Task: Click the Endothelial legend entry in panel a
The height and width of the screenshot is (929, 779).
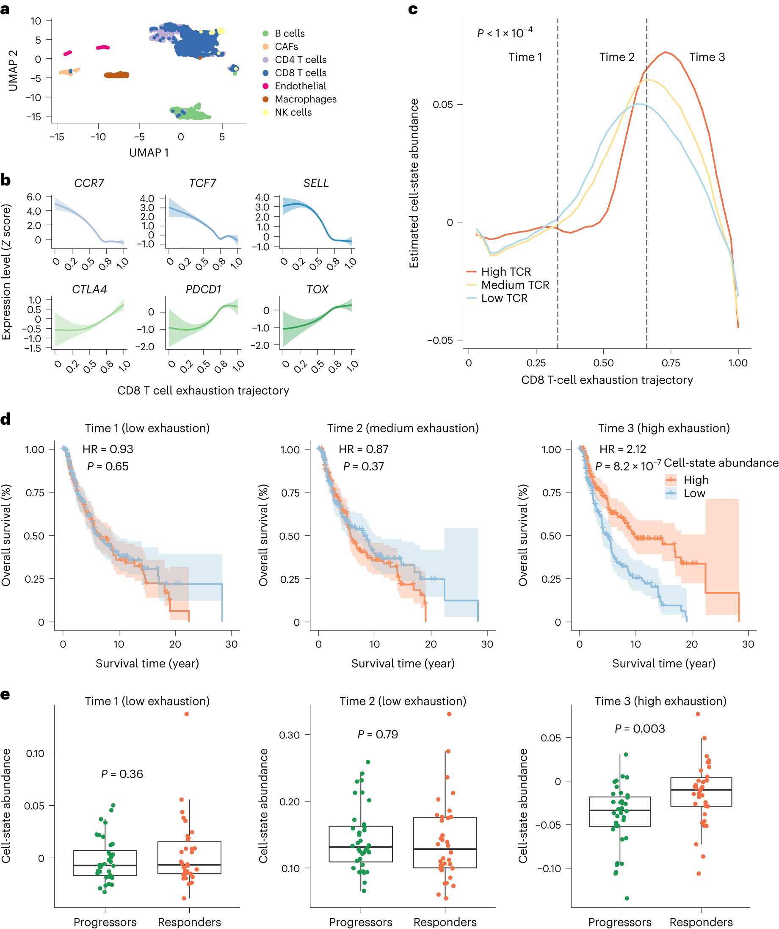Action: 300,86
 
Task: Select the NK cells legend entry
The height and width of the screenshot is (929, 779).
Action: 293,112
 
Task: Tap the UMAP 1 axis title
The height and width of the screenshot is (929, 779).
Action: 149,152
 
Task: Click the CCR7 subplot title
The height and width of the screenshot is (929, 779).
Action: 89,183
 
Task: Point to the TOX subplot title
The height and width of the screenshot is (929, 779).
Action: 317,289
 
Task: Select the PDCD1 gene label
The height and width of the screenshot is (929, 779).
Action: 203,289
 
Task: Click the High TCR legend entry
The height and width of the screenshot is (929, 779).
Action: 505,271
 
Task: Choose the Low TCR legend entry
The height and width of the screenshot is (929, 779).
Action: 504,298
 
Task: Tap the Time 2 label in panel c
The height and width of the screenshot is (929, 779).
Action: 617,57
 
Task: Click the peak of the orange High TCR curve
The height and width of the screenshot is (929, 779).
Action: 665,52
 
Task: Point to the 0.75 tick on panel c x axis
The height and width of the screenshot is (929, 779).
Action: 671,363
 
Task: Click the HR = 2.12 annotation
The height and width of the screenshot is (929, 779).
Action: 622,449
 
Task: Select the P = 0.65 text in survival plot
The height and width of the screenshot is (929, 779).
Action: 108,466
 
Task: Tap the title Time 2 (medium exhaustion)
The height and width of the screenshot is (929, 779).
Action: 403,428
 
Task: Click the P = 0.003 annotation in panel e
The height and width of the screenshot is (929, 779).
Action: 640,729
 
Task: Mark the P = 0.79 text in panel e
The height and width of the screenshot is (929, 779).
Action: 377,734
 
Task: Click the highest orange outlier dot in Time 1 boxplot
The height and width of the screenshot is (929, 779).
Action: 187,714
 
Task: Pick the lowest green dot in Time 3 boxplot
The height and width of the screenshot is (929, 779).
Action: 627,898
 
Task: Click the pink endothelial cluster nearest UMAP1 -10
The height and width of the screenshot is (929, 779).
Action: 103,47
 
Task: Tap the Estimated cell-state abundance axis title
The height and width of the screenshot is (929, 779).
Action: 414,183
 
